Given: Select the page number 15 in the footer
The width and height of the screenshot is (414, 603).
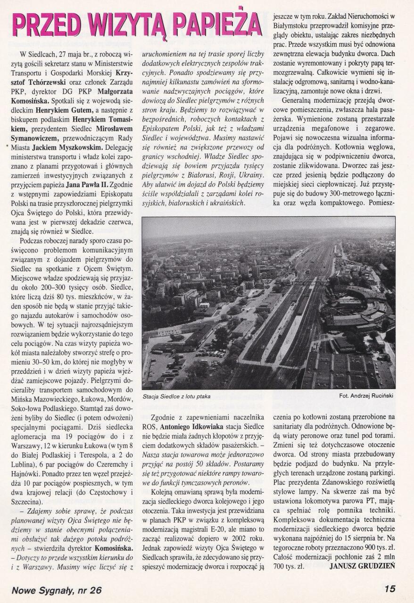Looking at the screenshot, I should point(389,589).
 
